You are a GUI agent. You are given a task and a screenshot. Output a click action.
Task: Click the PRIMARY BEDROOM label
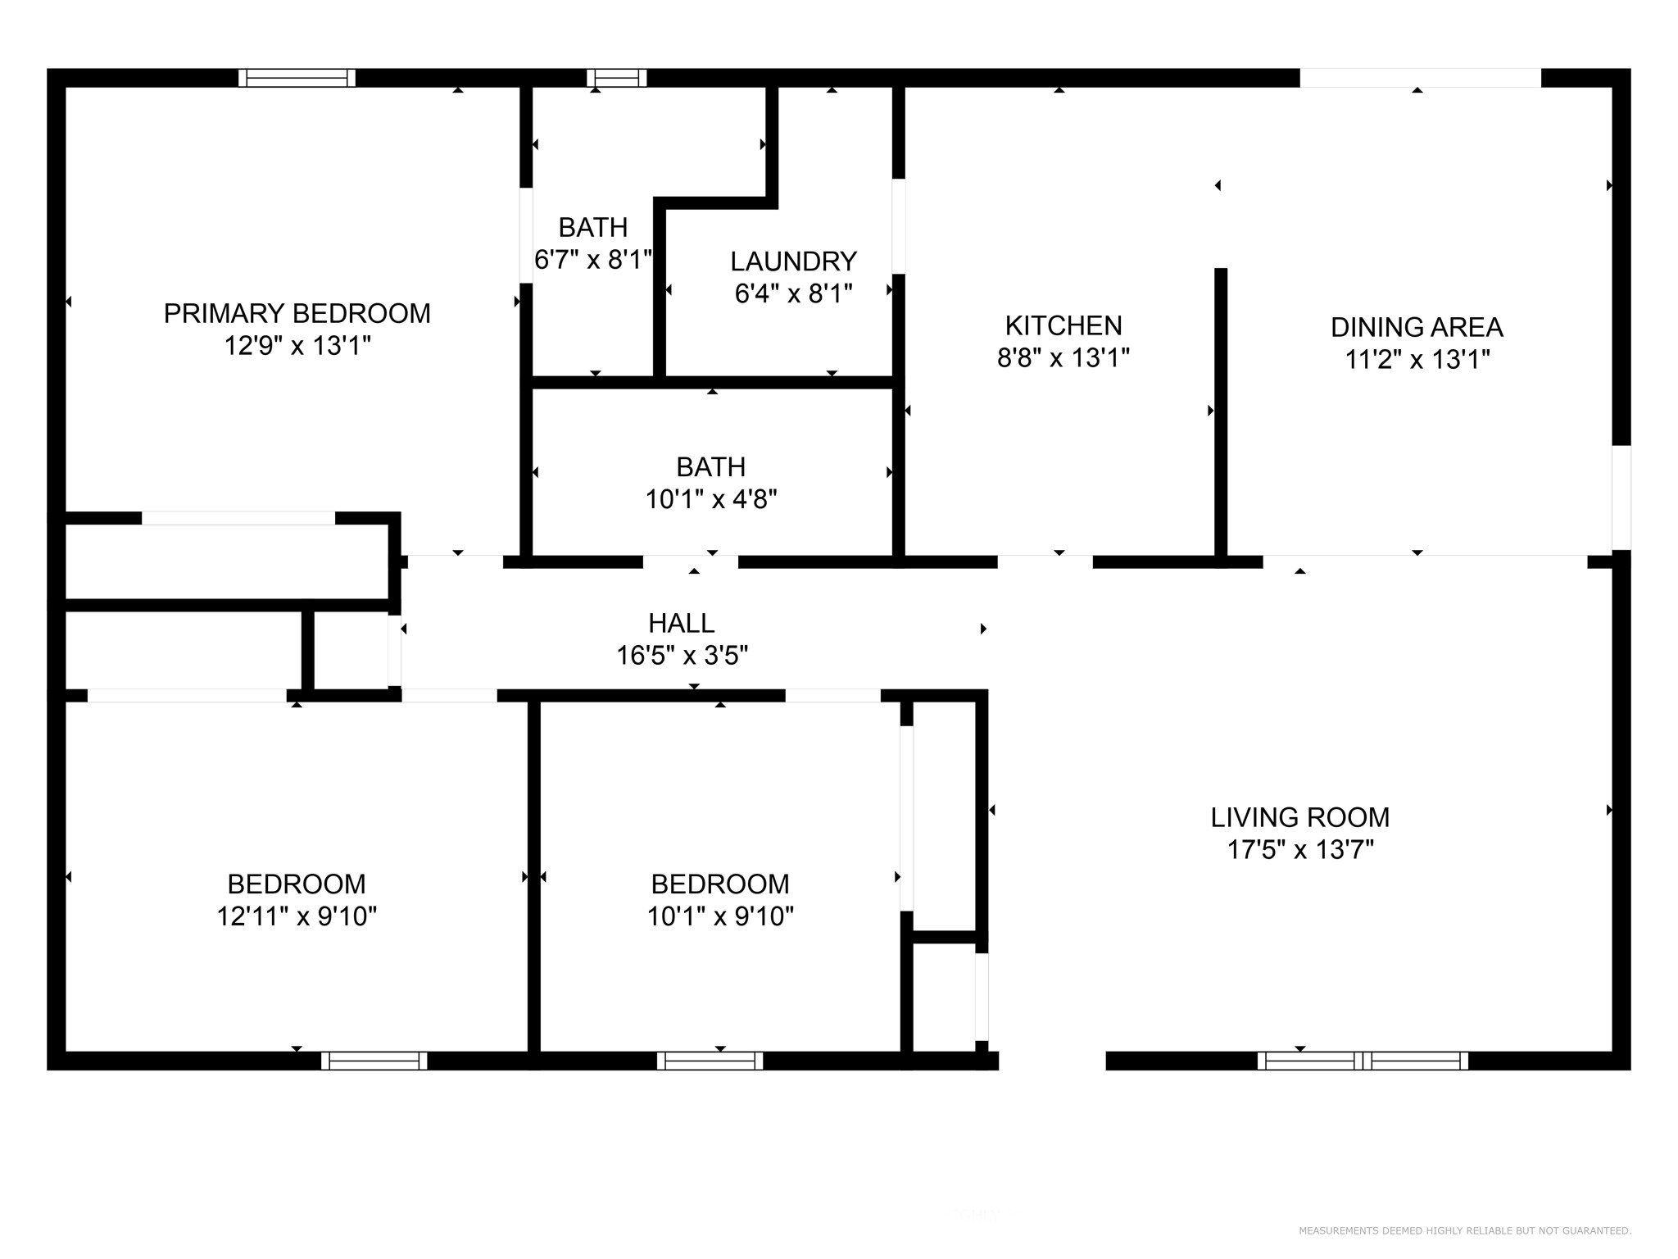[297, 314]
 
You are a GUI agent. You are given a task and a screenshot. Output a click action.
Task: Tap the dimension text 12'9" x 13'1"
[297, 346]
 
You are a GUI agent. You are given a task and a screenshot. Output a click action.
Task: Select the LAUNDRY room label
[793, 261]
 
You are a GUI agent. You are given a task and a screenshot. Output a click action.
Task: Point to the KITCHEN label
[1063, 325]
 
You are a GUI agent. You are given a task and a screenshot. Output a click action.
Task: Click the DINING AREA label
[1417, 327]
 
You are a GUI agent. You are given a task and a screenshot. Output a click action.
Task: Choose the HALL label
[682, 624]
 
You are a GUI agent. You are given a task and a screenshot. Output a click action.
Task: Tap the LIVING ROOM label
[1300, 817]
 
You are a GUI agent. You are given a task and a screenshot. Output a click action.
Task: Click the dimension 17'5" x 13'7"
[1300, 850]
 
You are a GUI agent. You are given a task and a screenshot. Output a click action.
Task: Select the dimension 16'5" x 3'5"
[682, 656]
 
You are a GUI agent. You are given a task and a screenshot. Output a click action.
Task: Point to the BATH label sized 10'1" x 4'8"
[711, 467]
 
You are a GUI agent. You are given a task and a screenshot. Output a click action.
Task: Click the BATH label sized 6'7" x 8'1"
[593, 227]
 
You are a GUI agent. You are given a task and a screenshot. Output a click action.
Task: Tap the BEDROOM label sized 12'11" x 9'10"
[297, 884]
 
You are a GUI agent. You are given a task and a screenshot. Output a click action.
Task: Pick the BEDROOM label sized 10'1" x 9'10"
[720, 884]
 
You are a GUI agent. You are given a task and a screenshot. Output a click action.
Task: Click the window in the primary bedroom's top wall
[297, 78]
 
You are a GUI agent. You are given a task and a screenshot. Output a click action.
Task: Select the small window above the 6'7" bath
[617, 78]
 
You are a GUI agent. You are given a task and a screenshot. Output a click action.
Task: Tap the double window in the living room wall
[1363, 1061]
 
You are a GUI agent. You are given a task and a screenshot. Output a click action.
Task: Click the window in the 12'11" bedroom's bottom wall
[374, 1061]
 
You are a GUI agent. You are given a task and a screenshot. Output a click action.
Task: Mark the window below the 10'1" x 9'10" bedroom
[710, 1061]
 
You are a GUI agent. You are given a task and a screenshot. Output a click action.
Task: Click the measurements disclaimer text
[1465, 1230]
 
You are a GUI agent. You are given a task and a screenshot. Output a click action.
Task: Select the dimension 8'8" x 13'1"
[1063, 358]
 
